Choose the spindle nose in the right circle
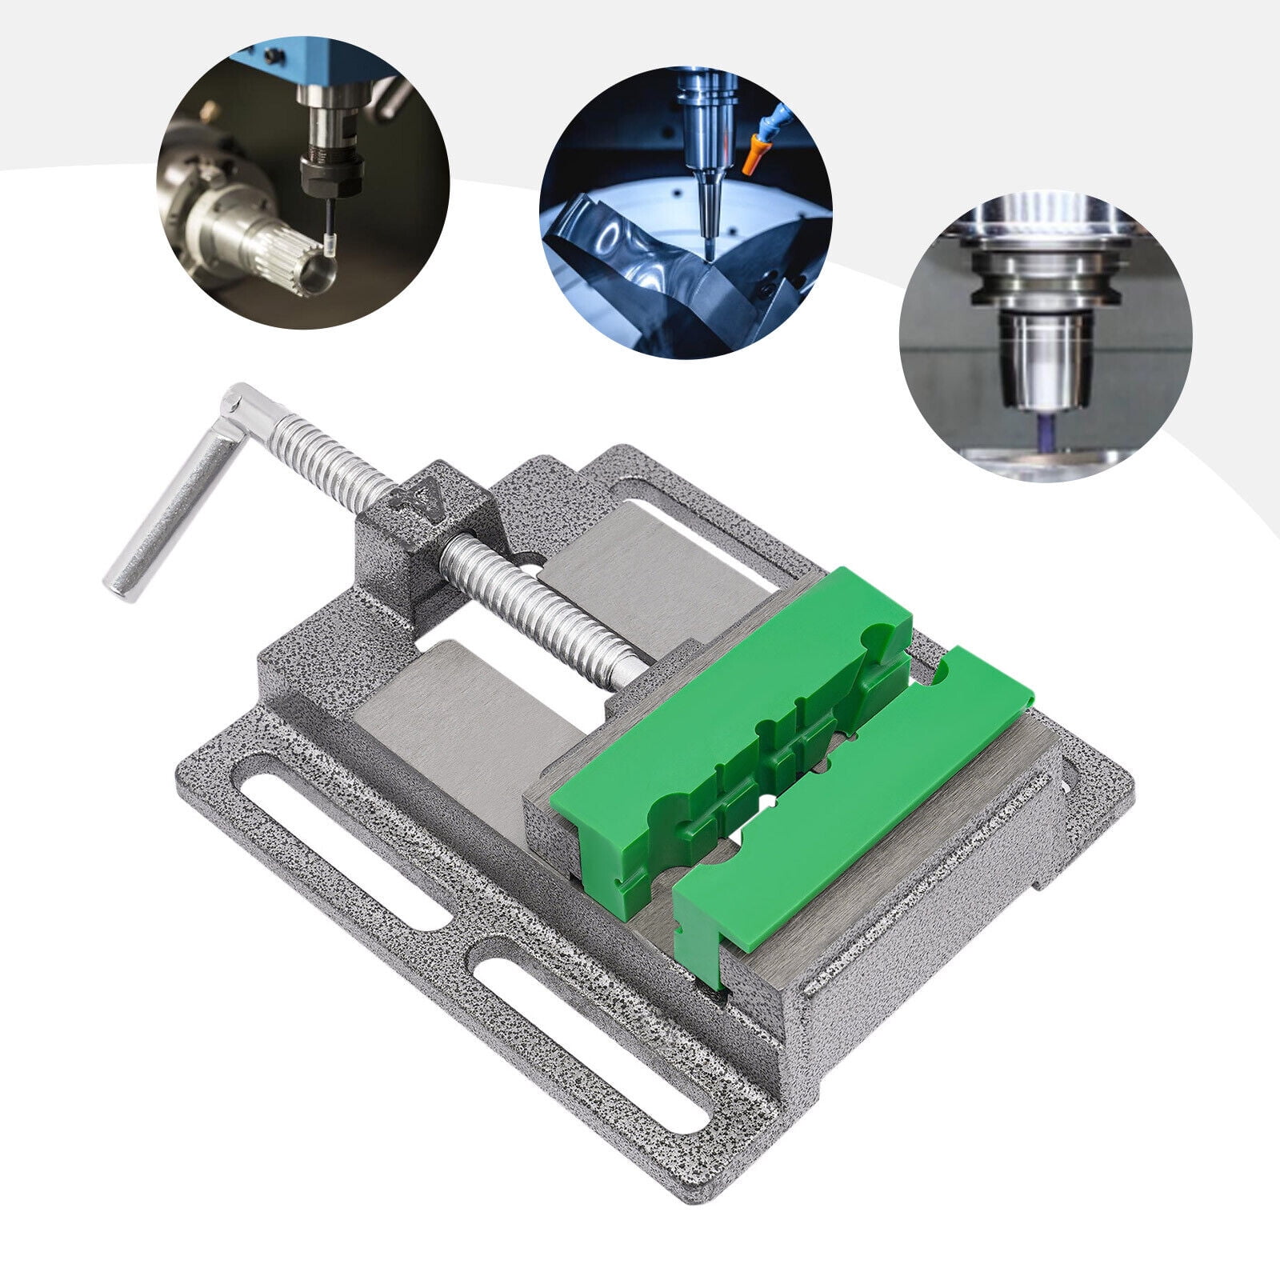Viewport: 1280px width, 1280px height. (x=1043, y=352)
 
